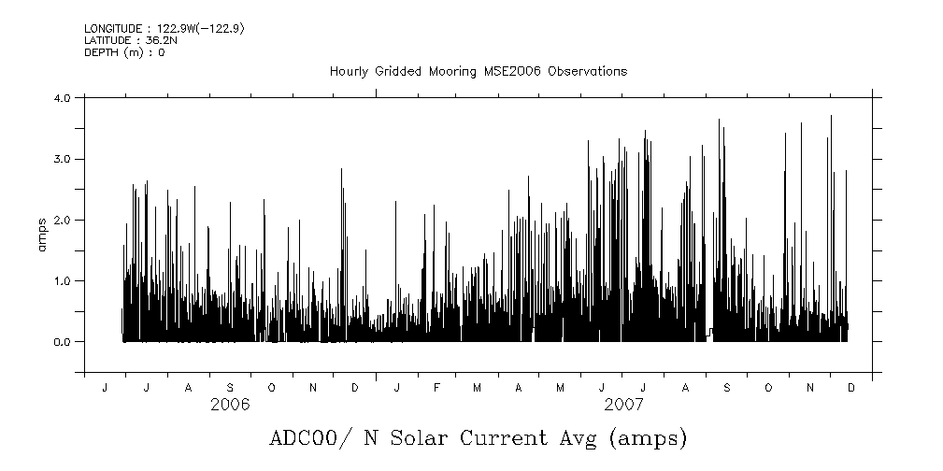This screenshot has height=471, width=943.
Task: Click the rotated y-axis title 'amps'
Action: [x=41, y=234]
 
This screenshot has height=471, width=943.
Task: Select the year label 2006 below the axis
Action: [x=230, y=405]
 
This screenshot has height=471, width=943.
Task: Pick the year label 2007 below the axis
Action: [x=623, y=405]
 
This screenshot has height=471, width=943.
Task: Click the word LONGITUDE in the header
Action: [x=112, y=29]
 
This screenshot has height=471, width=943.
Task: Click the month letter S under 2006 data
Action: [x=230, y=388]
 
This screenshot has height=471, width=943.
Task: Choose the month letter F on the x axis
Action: [x=436, y=388]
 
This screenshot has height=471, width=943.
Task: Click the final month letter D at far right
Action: [x=850, y=388]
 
